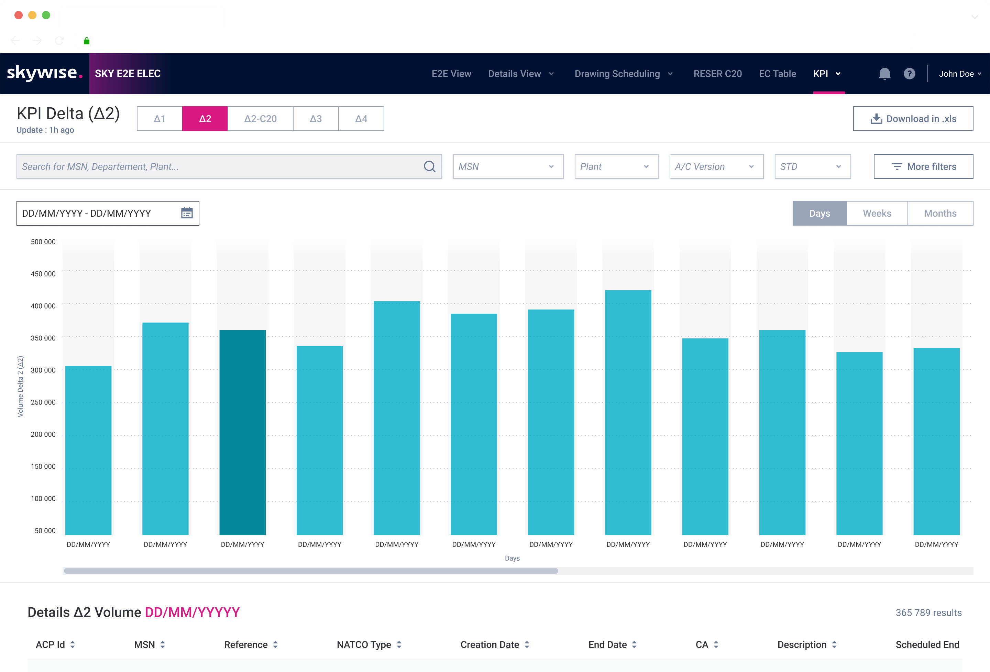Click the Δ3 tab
pos(316,119)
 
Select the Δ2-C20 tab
pos(260,119)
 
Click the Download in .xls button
pos(913,119)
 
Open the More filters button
pos(923,166)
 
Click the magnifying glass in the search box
pos(429,166)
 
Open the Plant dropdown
pos(616,166)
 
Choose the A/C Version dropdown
pos(716,166)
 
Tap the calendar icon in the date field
pos(187,213)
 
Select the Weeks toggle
pos(877,214)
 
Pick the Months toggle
pos(940,214)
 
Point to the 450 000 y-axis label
pos(43,274)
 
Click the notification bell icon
pos(884,74)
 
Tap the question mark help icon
pos(909,74)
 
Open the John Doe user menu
pos(960,74)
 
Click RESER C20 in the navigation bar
pos(717,74)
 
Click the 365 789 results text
pos(928,613)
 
